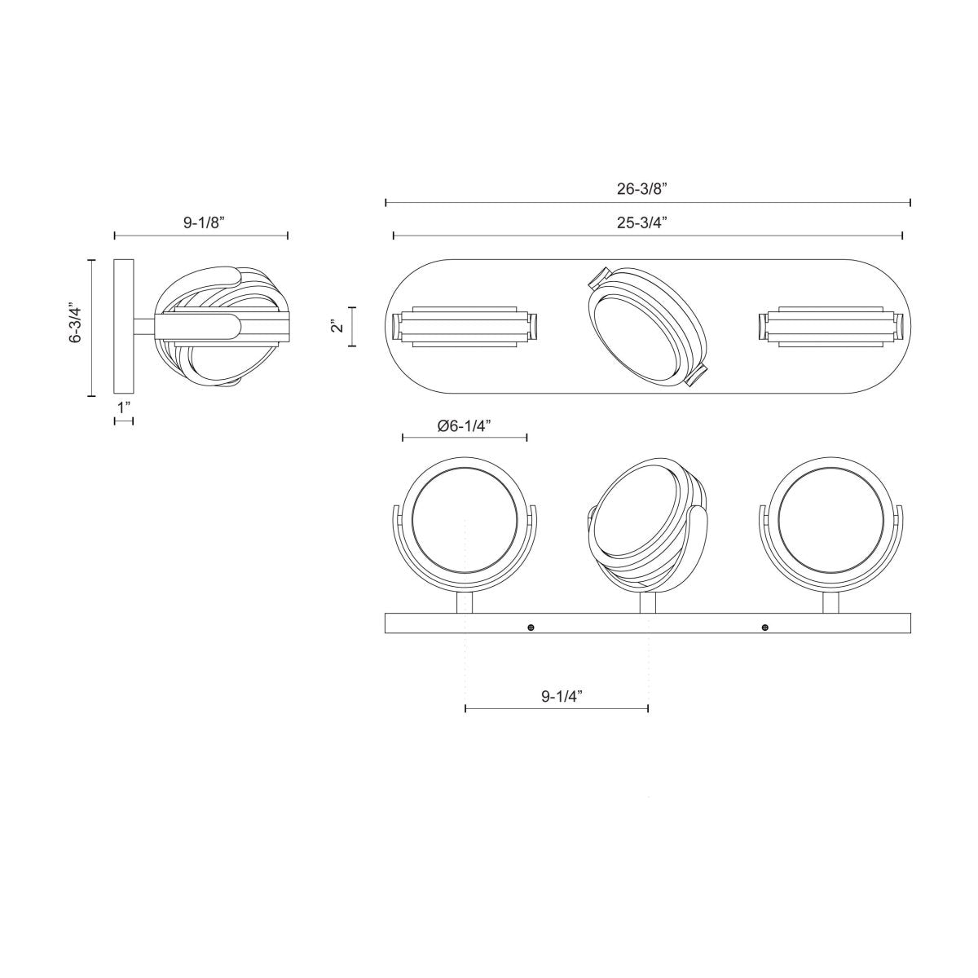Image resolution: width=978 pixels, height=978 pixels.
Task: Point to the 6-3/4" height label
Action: (x=77, y=324)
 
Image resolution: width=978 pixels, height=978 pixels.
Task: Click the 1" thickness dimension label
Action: (x=123, y=407)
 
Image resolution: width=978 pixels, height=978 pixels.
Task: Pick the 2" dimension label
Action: (x=337, y=326)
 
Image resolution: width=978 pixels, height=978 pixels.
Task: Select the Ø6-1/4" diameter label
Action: (x=464, y=425)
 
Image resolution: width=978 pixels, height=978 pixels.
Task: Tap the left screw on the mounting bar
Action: (x=531, y=627)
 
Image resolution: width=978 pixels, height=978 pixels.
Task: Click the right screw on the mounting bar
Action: (x=764, y=627)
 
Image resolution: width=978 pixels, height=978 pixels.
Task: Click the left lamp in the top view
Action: (x=465, y=327)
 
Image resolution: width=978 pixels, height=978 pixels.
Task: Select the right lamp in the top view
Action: (x=830, y=327)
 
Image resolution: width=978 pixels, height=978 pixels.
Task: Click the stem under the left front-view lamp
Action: (x=465, y=602)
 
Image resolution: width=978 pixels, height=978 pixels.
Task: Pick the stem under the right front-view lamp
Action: (x=830, y=602)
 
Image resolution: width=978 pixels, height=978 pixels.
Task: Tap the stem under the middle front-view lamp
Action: (x=648, y=603)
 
